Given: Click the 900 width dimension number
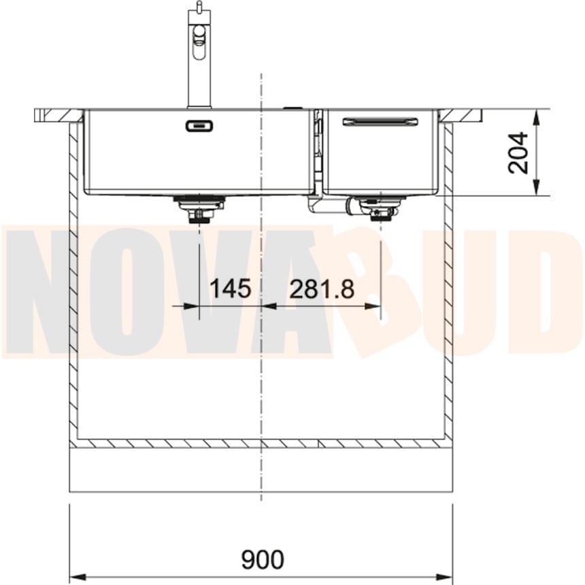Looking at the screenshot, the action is [263, 559].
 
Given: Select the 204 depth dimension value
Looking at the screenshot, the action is [518, 152].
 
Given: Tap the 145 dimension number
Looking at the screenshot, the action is [231, 288].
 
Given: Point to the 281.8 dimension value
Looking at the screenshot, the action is [322, 289].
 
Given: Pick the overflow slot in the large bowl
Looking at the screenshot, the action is [199, 126].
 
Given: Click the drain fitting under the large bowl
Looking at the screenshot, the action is [199, 209].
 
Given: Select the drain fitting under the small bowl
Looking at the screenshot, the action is [380, 209].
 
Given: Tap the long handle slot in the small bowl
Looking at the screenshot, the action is [380, 122].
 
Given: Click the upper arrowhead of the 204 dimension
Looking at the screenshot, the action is [537, 118].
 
